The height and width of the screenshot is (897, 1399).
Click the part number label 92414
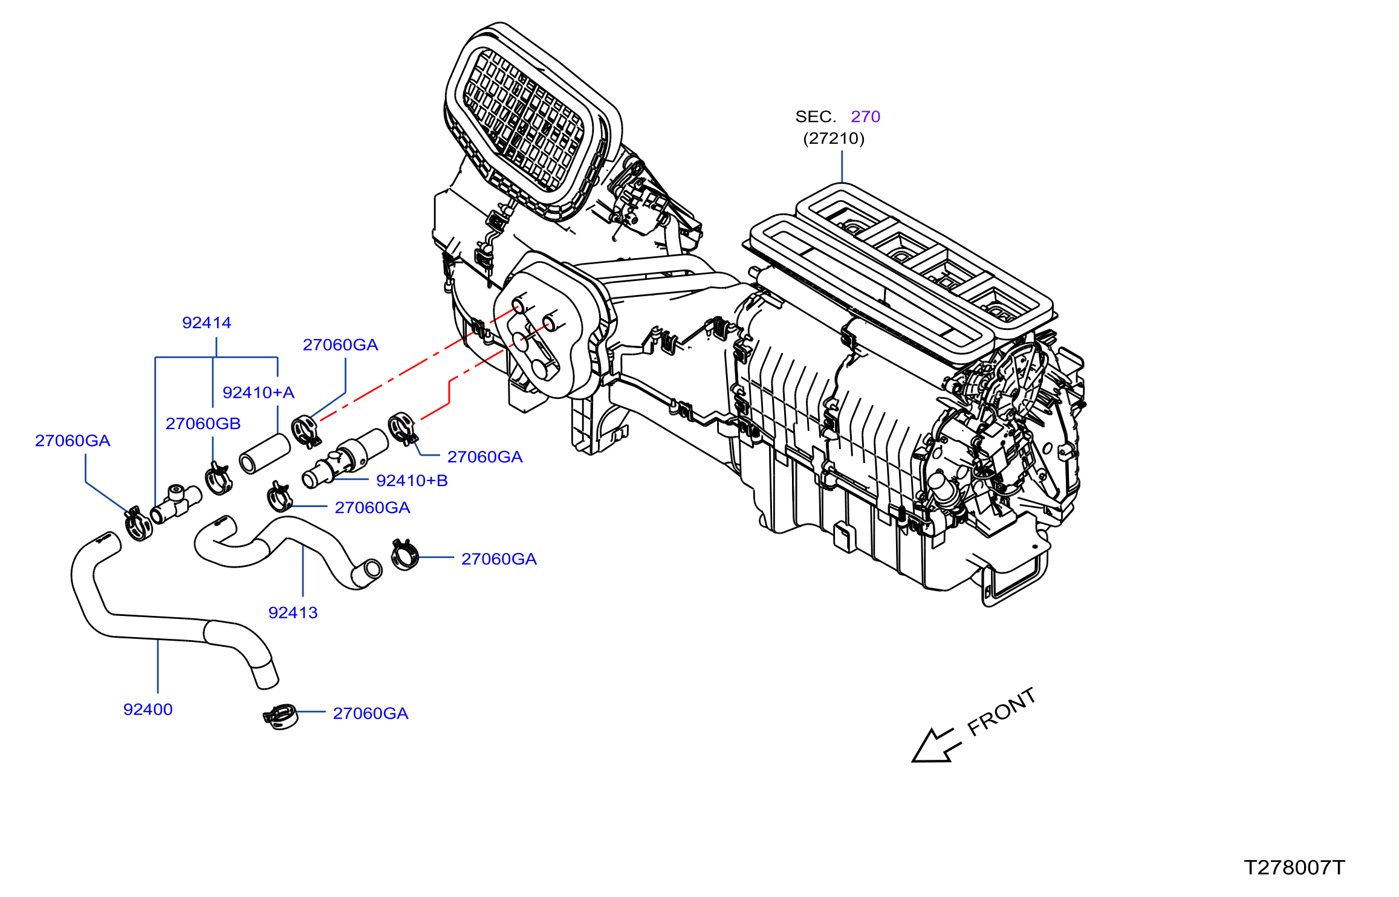tap(207, 323)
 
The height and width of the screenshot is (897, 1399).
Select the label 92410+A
tap(258, 393)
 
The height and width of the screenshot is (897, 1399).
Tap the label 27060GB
tap(203, 424)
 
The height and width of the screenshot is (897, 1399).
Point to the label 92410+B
tap(412, 481)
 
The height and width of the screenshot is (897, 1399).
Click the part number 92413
tap(293, 613)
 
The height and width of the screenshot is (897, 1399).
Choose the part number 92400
tap(148, 710)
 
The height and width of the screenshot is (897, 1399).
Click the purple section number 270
tap(865, 117)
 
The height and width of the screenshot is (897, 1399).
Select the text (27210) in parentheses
tap(834, 138)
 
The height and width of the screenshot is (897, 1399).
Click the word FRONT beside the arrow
tap(1001, 712)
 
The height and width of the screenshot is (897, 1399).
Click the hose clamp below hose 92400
tap(281, 717)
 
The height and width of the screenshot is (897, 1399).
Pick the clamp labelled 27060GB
tap(218, 478)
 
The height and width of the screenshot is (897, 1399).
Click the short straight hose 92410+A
tap(264, 453)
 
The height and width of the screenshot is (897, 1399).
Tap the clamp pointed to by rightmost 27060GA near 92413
tap(404, 555)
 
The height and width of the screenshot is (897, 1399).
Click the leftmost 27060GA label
tap(73, 441)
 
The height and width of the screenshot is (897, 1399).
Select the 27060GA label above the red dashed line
tap(340, 345)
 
